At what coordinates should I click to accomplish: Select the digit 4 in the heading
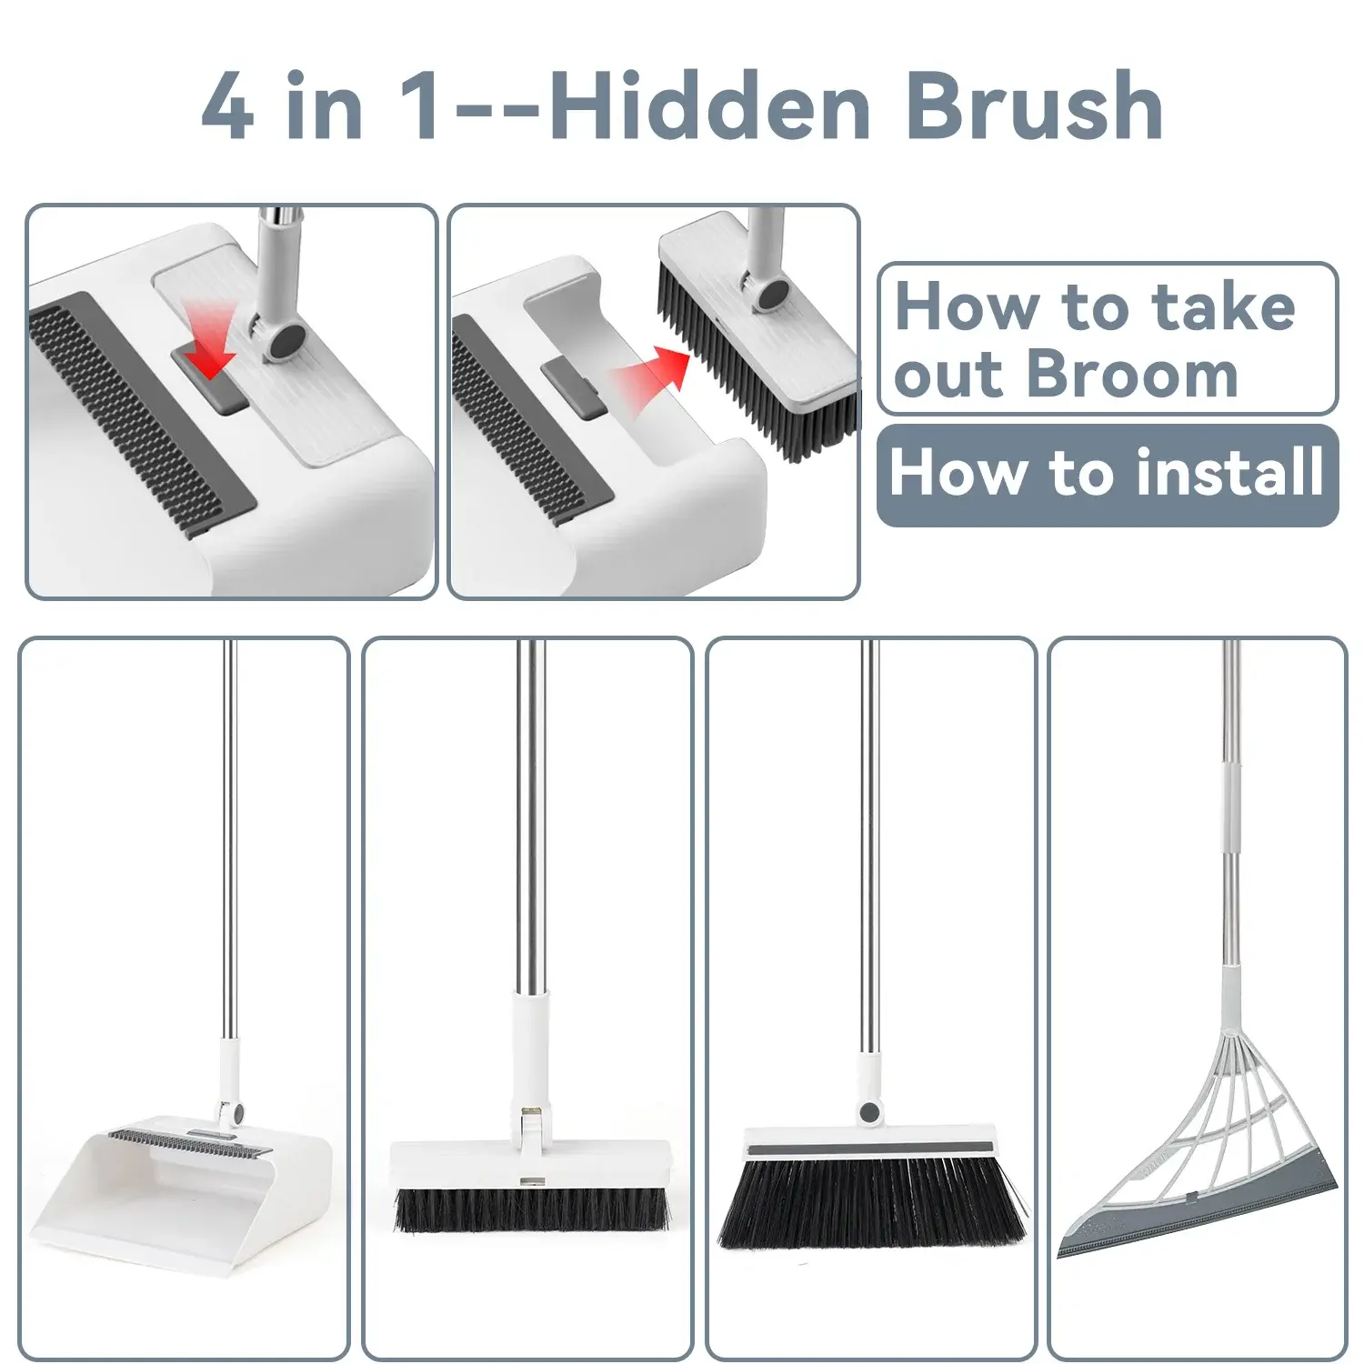click(227, 107)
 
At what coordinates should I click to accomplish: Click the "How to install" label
click(1107, 474)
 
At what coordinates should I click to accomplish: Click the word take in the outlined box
click(1223, 306)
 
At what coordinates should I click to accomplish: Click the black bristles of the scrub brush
click(532, 1209)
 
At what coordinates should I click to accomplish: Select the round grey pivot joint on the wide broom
click(870, 1111)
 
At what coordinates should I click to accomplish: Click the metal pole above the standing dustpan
click(228, 841)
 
